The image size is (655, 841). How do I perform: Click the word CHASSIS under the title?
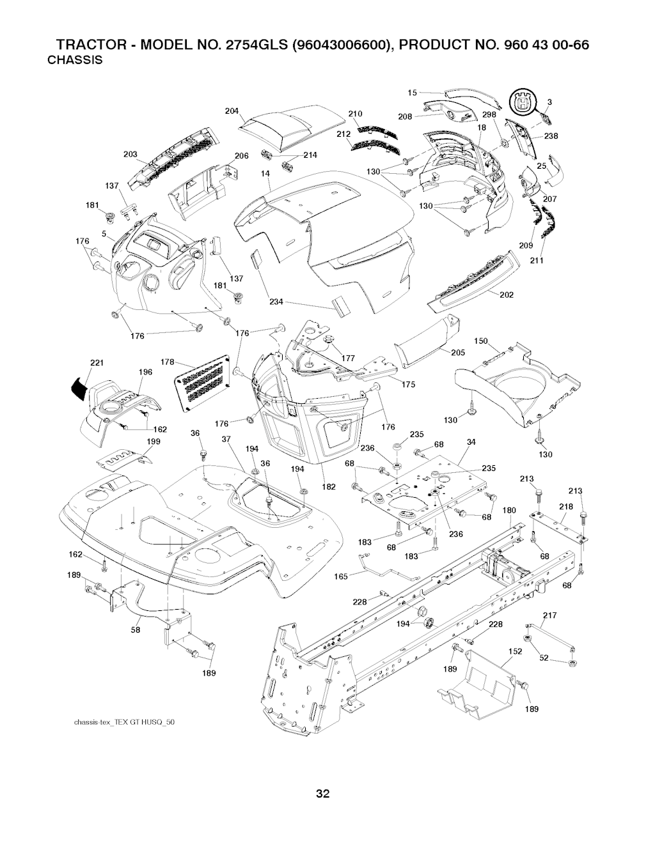[75, 61]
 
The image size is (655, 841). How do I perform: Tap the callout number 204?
[232, 111]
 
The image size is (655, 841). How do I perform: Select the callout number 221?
[97, 363]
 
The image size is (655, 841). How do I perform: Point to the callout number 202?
[506, 295]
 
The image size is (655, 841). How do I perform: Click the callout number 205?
[457, 352]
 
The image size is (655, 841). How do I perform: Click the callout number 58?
[136, 628]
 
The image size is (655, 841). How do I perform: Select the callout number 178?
[168, 362]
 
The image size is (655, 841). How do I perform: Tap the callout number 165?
[341, 576]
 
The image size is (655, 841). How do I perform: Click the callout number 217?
[550, 616]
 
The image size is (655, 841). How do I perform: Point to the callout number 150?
[481, 341]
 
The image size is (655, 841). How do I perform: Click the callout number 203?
[130, 154]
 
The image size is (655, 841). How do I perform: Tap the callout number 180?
[509, 510]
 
